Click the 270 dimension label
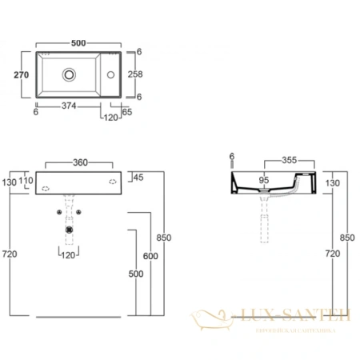pos(22,74)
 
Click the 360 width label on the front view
pos(80,162)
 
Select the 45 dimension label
pos(136,176)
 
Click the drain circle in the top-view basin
pos(70,74)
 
